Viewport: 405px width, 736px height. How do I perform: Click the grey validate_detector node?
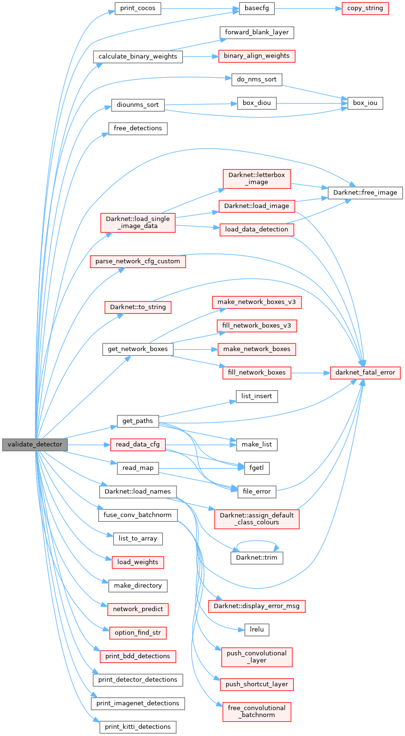[x=34, y=445]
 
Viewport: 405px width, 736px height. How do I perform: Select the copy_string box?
[x=365, y=9]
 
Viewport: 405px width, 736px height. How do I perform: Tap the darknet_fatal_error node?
[x=365, y=373]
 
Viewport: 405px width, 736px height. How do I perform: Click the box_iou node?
[x=365, y=103]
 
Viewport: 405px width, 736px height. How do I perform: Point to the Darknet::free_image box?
[x=365, y=193]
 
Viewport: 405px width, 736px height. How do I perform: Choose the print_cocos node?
[x=138, y=9]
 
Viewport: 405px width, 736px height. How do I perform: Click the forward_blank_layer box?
[x=257, y=32]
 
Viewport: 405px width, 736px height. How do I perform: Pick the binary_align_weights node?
[x=257, y=56]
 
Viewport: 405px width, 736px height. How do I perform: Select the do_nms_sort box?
[x=257, y=79]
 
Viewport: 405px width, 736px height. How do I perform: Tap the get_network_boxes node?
[x=137, y=349]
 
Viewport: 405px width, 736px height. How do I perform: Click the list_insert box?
[x=257, y=396]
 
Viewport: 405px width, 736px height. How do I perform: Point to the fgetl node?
[x=257, y=468]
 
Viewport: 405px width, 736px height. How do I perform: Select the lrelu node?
[x=257, y=630]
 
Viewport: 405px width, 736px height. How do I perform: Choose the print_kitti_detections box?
[x=137, y=727]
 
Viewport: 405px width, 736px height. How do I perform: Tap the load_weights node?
[x=137, y=562]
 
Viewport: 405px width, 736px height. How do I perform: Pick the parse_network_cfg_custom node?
[x=137, y=261]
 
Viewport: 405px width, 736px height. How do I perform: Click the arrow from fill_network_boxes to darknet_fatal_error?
[x=311, y=373]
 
